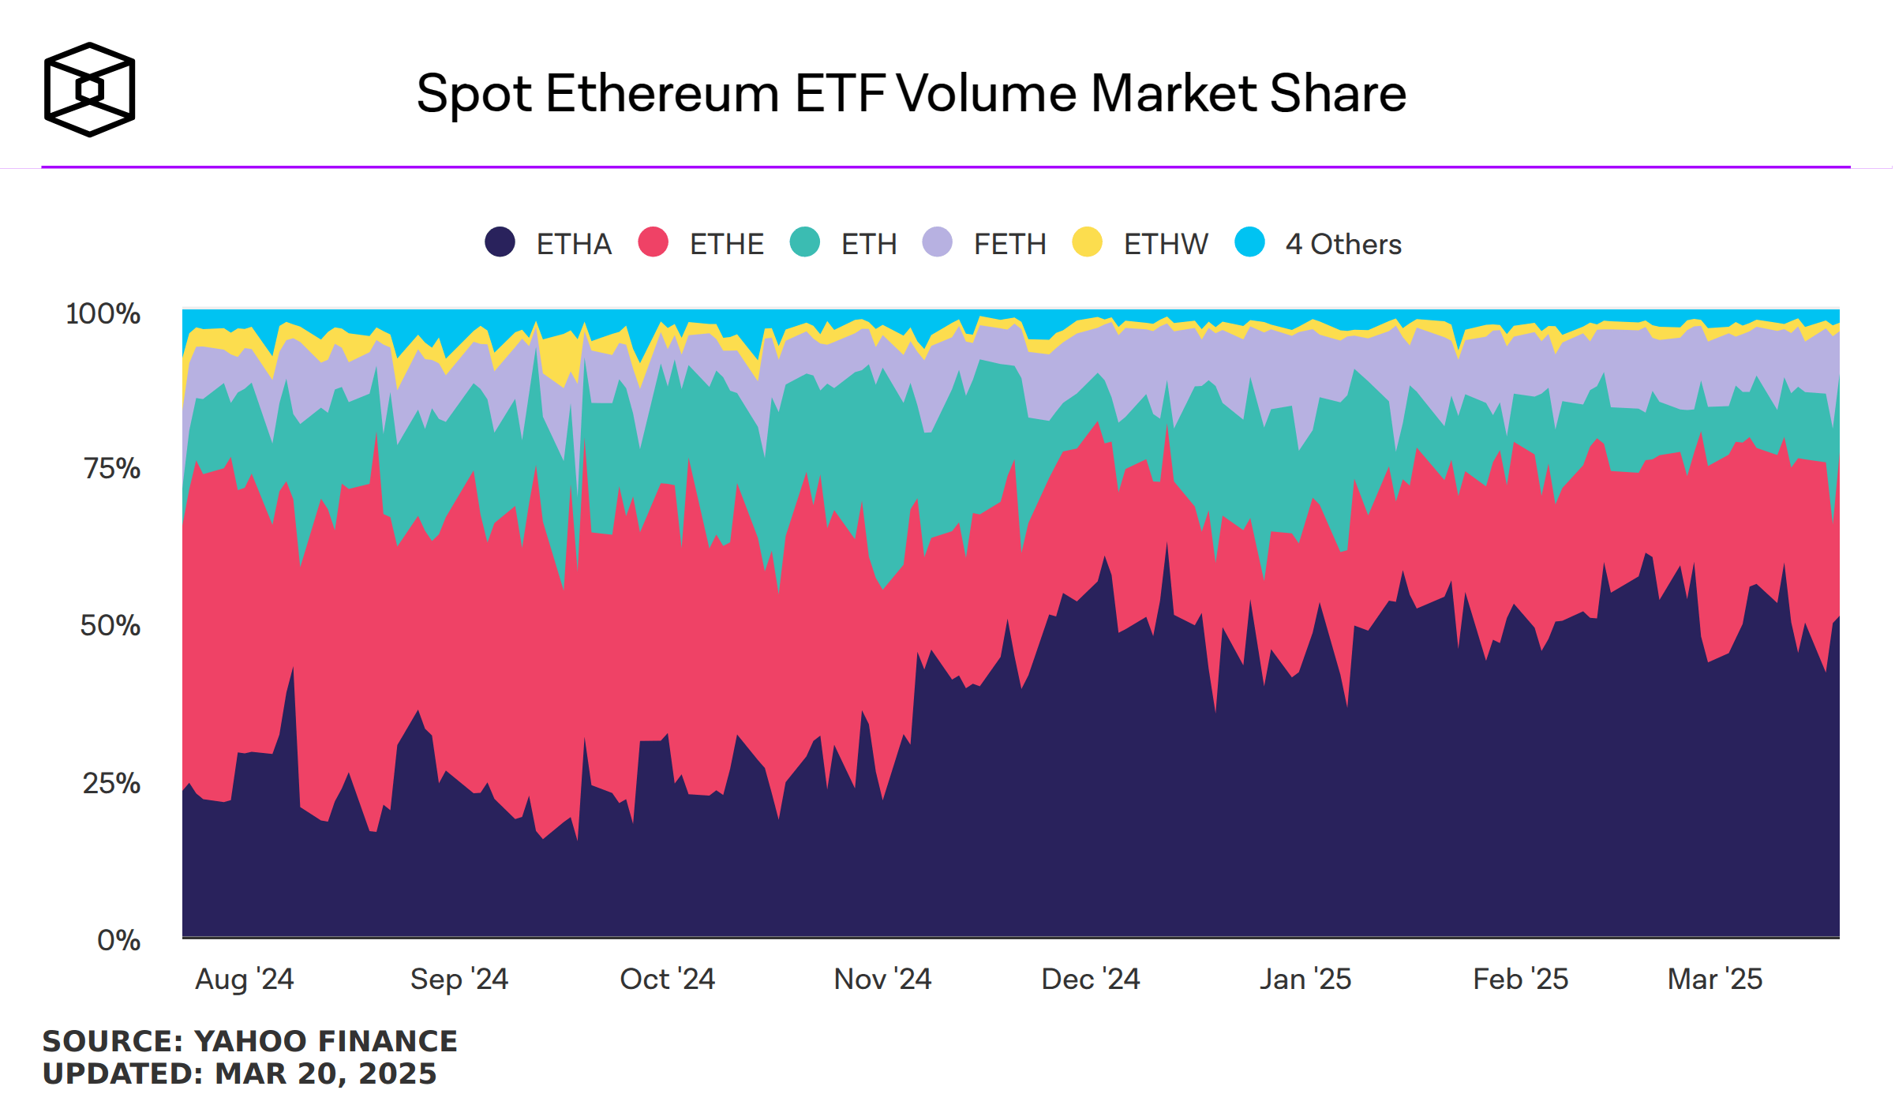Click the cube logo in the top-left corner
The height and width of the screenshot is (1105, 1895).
89,89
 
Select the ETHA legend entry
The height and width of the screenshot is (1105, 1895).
574,244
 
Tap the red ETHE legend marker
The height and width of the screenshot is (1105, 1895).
654,242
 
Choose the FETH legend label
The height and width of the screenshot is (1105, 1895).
1009,244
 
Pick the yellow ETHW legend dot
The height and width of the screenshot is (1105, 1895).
1087,242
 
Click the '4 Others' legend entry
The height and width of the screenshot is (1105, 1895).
1343,244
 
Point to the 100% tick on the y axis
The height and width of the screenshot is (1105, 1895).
103,313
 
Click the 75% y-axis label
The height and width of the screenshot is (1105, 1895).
112,468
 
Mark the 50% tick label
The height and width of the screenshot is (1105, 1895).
110,625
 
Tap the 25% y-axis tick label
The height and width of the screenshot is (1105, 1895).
111,783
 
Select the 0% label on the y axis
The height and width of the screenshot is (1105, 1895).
118,940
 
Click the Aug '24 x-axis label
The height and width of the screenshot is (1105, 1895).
245,979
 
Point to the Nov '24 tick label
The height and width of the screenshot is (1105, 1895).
882,979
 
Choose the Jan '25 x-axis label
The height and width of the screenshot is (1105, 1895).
1305,979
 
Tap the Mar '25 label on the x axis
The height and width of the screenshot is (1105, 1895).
1715,979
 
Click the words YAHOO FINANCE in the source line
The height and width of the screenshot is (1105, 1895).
325,1041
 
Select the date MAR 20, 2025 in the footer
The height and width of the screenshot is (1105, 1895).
325,1073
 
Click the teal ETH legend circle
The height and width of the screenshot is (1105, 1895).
805,242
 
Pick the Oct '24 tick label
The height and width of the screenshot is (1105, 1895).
668,979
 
